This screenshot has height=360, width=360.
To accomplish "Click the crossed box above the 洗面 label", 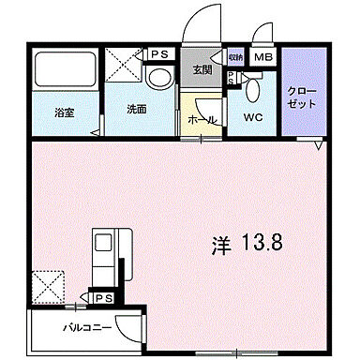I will coord(126,67).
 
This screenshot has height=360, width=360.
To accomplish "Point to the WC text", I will coord(252,119).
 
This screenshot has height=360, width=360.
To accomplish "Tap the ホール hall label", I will coord(202,120).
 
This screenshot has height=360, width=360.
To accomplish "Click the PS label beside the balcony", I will coord(105,299).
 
